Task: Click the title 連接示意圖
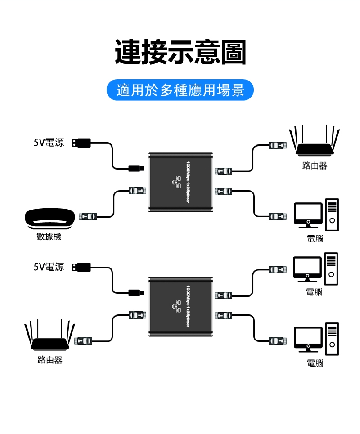(x=180, y=52)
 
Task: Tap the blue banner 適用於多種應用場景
(x=180, y=90)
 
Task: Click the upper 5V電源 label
(x=49, y=143)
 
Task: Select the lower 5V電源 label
(x=49, y=267)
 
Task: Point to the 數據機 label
(x=49, y=237)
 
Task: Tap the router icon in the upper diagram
(x=314, y=142)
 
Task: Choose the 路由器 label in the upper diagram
(x=315, y=166)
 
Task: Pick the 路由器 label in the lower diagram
(x=49, y=360)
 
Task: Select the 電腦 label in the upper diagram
(x=315, y=239)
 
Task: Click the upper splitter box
(x=180, y=182)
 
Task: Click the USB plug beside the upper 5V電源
(x=81, y=143)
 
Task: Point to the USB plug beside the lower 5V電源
(x=81, y=267)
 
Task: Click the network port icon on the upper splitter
(x=176, y=182)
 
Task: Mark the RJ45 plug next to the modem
(x=87, y=217)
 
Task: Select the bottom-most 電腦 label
(x=315, y=363)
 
